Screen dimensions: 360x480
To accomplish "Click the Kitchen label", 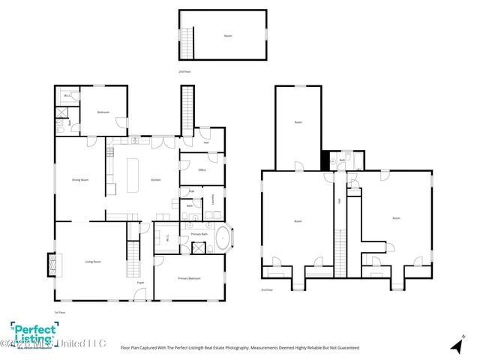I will (156, 180).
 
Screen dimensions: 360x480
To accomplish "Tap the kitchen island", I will (136, 175).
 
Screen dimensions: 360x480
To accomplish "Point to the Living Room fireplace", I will (52, 263).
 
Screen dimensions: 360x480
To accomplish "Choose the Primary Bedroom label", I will (189, 278).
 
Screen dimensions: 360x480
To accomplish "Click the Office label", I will (202, 170).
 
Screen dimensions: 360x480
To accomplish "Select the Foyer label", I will (140, 283).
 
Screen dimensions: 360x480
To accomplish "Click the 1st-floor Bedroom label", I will (103, 112).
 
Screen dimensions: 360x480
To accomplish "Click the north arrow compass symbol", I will (454, 345).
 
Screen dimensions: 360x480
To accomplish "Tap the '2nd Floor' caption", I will (184, 71).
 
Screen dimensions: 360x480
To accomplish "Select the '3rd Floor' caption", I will (266, 289).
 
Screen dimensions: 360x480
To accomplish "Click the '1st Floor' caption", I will (60, 312).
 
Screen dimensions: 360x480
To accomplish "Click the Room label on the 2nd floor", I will (228, 36).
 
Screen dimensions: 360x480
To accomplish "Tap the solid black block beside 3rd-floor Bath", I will (325, 160).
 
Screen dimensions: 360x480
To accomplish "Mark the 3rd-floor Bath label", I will (342, 160).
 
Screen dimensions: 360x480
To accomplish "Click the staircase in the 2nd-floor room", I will (190, 43).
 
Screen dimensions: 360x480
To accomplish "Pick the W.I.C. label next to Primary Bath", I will (167, 238).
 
